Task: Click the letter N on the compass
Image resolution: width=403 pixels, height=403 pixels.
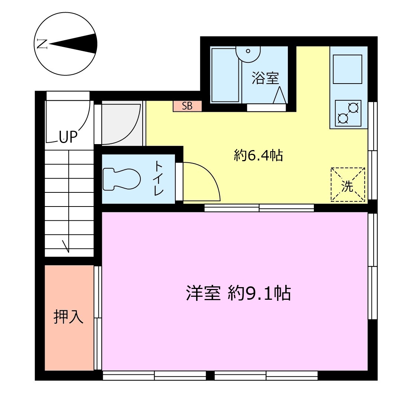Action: coord(42,44)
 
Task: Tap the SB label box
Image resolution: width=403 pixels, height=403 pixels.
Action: coord(187,106)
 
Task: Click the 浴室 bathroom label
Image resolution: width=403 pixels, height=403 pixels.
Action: coord(265,78)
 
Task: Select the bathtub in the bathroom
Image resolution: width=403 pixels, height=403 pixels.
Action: coord(225,75)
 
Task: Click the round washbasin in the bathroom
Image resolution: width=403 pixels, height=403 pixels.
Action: coord(248,53)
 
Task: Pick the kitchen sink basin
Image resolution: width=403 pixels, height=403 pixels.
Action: coord(348,69)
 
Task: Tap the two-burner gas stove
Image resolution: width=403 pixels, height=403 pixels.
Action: coord(348,113)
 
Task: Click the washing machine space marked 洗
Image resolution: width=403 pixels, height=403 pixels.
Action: coord(348,185)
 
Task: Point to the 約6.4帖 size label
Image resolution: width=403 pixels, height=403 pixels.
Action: coord(258,156)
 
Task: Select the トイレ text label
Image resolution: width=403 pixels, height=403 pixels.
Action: coord(159,178)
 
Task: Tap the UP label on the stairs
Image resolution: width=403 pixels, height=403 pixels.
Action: coord(68,137)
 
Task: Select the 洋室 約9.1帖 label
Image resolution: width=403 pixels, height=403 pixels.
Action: coord(238,293)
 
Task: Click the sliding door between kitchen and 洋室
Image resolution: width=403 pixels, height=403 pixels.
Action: coord(259,208)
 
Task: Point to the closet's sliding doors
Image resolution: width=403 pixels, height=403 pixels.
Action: coord(98,318)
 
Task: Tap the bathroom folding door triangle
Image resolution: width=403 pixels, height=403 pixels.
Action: coord(280,95)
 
